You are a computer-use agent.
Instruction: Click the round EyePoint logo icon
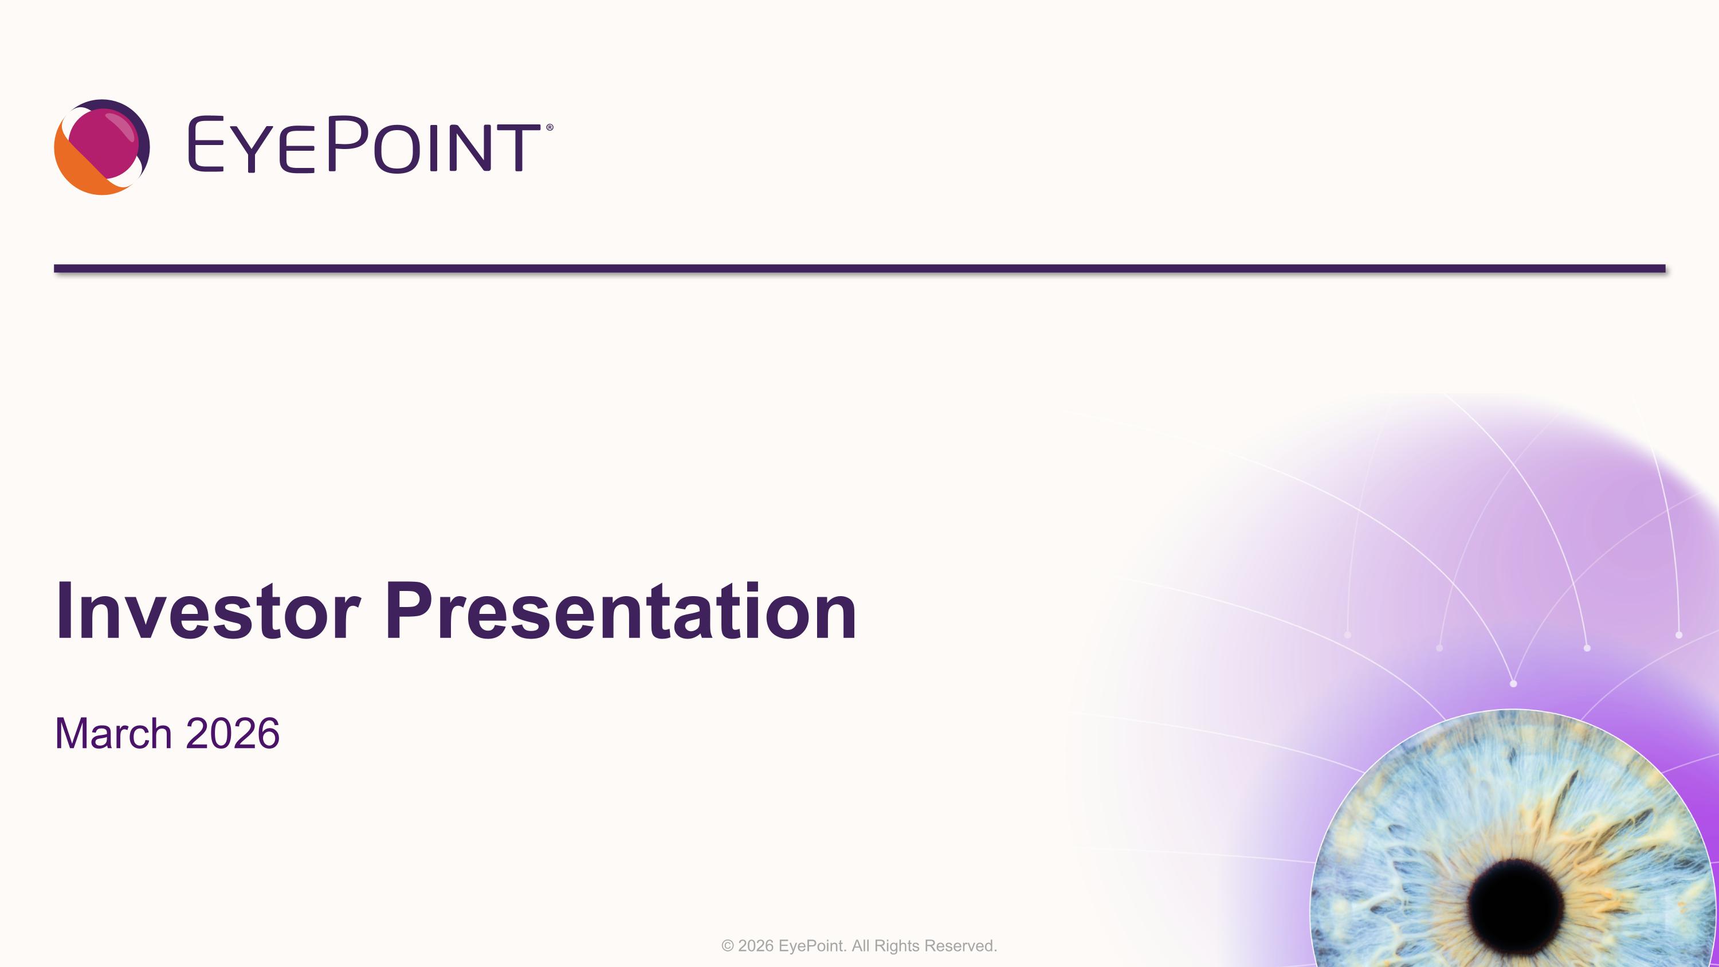click(101, 147)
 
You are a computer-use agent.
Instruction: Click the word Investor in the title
click(207, 611)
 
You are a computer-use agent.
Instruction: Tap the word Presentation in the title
click(621, 611)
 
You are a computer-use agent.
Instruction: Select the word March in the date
click(113, 734)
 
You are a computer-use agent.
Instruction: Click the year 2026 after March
click(232, 734)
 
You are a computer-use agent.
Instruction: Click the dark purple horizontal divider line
click(859, 269)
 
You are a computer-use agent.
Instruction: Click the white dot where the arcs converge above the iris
click(1513, 683)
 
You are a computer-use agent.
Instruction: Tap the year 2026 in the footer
click(755, 946)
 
